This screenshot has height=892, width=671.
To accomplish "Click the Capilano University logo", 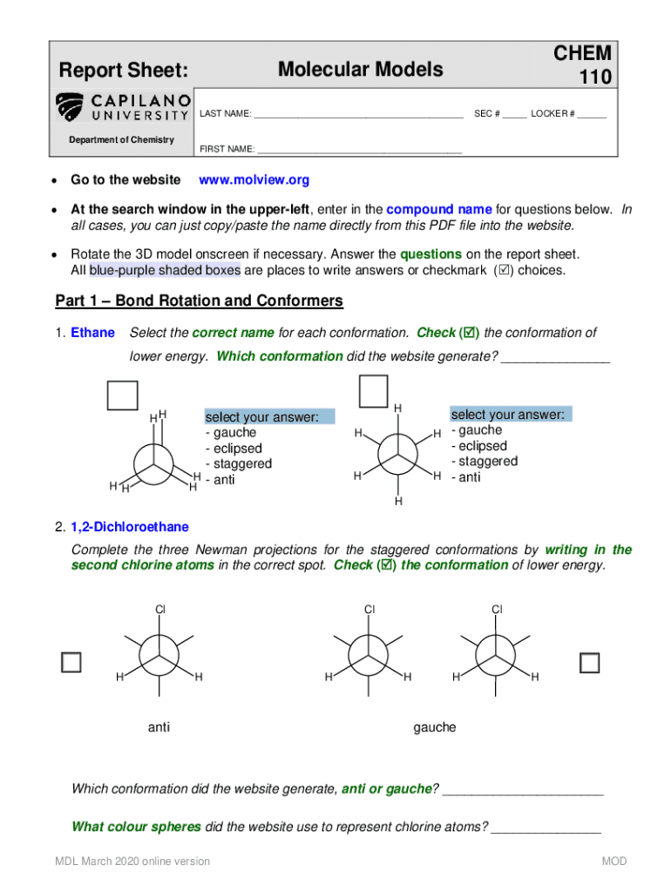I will (x=122, y=107).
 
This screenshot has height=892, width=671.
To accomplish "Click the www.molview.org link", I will (x=254, y=180).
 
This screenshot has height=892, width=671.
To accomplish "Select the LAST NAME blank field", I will (x=358, y=114).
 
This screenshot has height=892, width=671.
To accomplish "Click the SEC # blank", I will (x=514, y=114).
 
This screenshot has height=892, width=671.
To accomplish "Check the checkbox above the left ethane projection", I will (x=122, y=395).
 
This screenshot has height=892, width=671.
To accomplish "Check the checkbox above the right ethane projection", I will (x=374, y=391).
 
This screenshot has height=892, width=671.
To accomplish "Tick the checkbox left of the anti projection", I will (x=71, y=662).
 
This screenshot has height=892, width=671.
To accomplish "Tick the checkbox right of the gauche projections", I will (x=590, y=663).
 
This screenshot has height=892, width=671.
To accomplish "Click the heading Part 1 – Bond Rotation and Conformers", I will (x=200, y=301).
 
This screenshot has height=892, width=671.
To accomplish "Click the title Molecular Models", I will (x=360, y=70).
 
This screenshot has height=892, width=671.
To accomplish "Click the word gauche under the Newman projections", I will (x=434, y=727).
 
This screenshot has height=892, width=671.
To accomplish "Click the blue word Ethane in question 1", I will (x=92, y=333).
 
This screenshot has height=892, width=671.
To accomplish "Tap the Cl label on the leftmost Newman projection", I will (x=159, y=610).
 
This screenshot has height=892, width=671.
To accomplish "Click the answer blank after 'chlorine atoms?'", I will (x=546, y=827).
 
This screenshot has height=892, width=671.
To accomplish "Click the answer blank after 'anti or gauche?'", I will (x=523, y=789).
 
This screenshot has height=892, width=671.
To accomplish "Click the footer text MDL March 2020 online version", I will (x=132, y=862).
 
